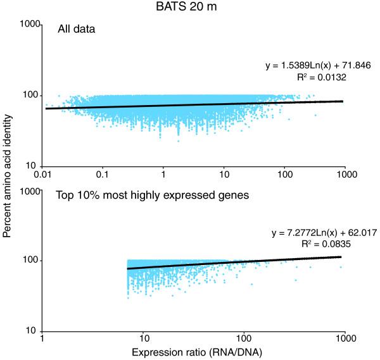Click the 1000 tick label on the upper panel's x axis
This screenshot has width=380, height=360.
345,173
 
